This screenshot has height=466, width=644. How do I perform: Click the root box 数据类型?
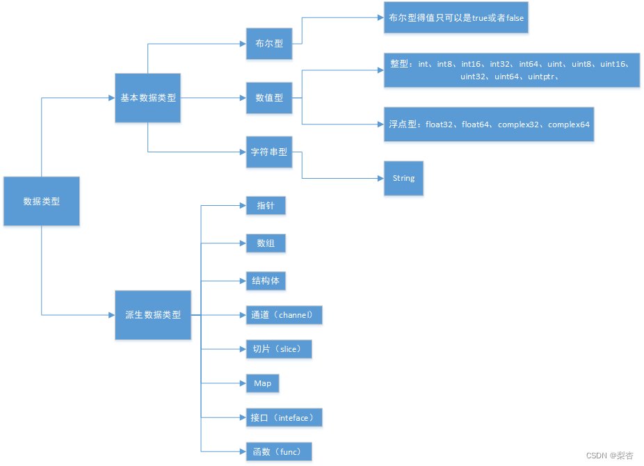[42, 201]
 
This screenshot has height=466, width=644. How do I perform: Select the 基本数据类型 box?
[148, 98]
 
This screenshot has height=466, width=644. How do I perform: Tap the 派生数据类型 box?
[153, 315]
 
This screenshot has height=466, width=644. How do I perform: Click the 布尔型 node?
[268, 43]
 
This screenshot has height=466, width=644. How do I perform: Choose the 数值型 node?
[268, 98]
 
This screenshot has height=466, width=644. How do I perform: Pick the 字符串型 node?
[268, 152]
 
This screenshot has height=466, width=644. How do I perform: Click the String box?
[403, 178]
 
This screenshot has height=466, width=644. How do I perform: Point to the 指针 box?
[266, 206]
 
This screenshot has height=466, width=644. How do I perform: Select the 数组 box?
[266, 243]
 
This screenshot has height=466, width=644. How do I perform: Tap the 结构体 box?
[266, 281]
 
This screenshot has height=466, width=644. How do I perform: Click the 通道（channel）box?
[284, 315]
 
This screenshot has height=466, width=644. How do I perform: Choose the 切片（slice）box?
[278, 349]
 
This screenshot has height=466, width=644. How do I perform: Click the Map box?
[263, 383]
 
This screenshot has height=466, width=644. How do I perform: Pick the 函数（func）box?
[278, 452]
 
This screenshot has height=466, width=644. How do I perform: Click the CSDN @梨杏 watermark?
[610, 456]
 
